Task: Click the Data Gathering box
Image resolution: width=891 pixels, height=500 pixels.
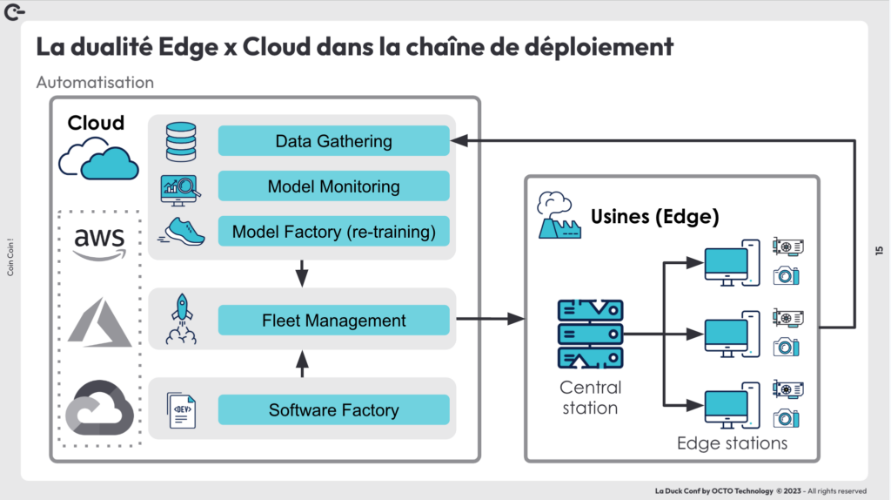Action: click(333, 141)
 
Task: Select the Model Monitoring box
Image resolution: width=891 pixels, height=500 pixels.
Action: click(333, 186)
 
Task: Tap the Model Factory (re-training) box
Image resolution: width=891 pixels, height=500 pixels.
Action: click(333, 233)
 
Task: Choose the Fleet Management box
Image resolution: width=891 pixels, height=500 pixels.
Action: click(333, 321)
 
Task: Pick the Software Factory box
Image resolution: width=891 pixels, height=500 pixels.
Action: click(333, 410)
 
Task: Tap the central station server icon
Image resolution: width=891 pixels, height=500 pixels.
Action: click(590, 334)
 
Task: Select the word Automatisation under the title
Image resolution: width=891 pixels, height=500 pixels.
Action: click(95, 83)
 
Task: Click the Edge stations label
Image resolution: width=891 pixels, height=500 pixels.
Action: click(732, 443)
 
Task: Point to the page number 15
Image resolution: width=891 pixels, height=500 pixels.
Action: click(878, 251)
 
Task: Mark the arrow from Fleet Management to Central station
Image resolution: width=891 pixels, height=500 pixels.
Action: click(487, 321)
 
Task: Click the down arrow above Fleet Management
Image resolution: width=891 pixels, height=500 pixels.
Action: click(302, 273)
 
